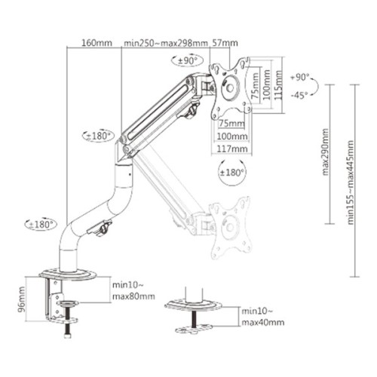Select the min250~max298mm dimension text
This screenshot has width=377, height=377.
(x=165, y=43)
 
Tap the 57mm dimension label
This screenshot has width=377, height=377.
(x=225, y=43)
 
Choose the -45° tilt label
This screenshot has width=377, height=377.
(x=299, y=94)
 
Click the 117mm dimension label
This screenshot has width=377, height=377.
(x=232, y=149)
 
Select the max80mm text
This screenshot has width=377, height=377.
(x=133, y=296)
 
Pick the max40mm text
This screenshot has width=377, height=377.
(x=263, y=322)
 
